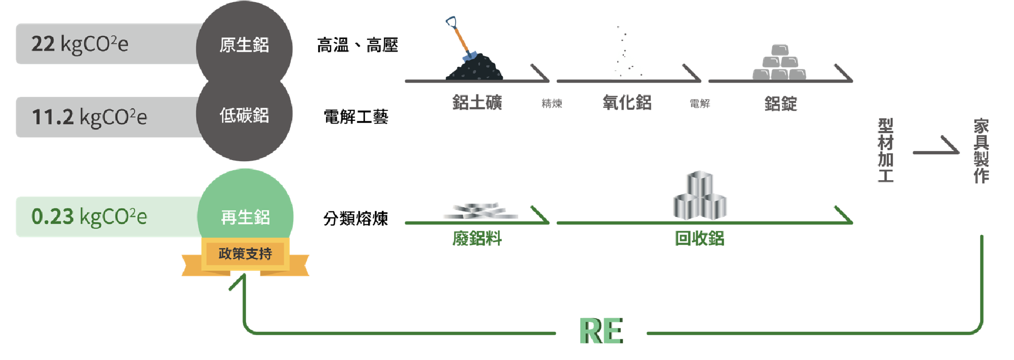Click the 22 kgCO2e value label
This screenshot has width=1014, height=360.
pos(80,44)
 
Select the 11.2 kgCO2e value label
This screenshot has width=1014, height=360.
pos(89,117)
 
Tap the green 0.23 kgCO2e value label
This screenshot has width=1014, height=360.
pos(89,216)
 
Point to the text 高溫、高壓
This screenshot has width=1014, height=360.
pos(357,46)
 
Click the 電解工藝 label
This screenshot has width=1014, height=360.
pos(356,117)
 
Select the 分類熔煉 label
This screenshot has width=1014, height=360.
pos(356,218)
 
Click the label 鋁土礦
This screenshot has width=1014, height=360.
pos(477,102)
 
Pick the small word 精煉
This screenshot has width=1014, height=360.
pos(552,103)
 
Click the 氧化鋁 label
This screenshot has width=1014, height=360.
pos(627,102)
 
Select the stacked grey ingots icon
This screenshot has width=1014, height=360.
pos(779,62)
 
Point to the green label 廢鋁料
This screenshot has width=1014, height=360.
pos(477,239)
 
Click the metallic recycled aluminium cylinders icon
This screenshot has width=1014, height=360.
pos(700,195)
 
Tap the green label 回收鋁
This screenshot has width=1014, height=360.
pos(700,239)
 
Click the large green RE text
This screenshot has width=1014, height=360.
pos(601,331)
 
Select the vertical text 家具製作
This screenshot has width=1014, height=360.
pos(981,151)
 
